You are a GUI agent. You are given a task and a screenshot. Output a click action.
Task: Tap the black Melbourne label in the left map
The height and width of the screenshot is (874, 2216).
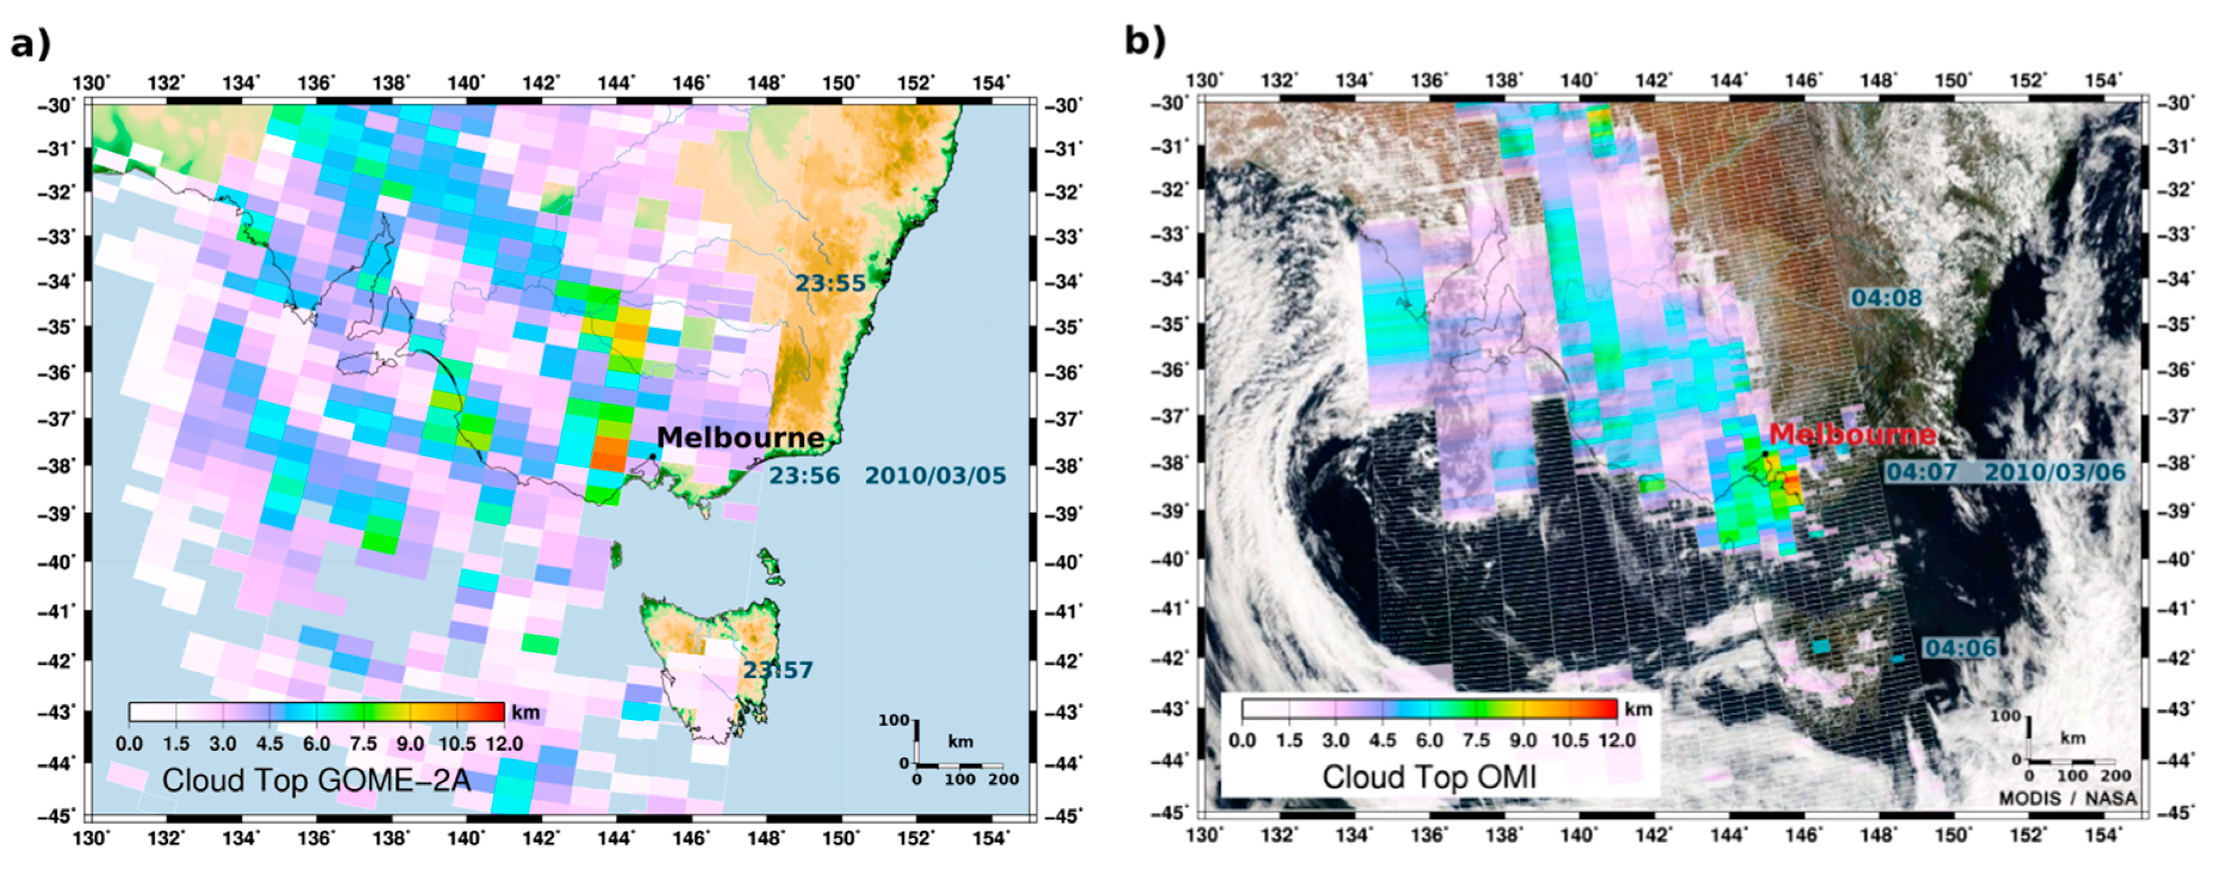pyautogui.click(x=740, y=437)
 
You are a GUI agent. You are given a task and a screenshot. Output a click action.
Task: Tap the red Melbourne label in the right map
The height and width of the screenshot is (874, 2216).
pyautogui.click(x=1852, y=434)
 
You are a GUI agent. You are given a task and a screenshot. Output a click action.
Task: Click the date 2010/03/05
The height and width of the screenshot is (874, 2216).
pyautogui.click(x=935, y=476)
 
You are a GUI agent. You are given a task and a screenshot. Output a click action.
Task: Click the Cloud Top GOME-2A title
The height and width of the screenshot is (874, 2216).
pyautogui.click(x=317, y=780)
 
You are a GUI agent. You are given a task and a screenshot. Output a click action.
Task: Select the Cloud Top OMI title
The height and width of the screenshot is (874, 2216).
pyautogui.click(x=1429, y=777)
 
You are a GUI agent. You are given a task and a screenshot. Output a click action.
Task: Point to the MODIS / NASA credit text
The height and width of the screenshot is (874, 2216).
pyautogui.click(x=2067, y=798)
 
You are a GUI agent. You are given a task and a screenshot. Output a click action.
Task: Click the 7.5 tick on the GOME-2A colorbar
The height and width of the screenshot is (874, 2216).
pyautogui.click(x=363, y=743)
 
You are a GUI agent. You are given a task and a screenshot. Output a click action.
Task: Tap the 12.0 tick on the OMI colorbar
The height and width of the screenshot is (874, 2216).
pyautogui.click(x=1617, y=740)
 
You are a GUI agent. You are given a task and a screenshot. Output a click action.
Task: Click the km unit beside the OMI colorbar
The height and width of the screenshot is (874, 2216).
pyautogui.click(x=1638, y=710)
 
